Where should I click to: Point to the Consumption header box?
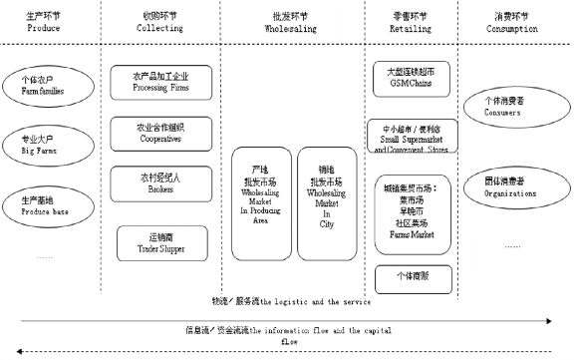pos(513,22)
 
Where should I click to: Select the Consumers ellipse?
pos(508,107)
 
